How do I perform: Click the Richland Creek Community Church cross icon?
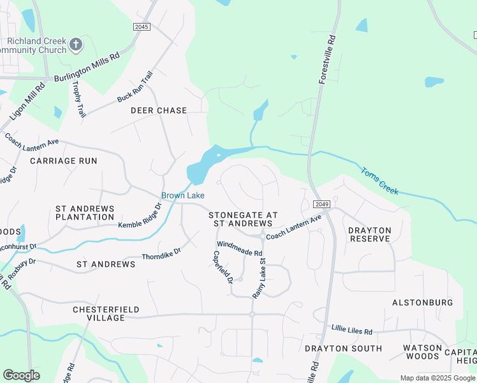[x=76, y=45]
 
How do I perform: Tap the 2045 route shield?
[x=142, y=26]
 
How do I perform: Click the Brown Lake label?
[x=182, y=195]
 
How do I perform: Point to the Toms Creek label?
[x=379, y=181]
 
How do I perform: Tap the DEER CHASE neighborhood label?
[x=159, y=110]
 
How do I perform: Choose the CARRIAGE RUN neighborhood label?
[x=64, y=161]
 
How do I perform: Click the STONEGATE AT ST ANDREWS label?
[x=242, y=219]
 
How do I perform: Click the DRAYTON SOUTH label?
[x=343, y=349]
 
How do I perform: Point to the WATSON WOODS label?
[x=422, y=352]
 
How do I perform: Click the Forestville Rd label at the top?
[x=327, y=58]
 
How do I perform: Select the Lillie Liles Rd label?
[x=351, y=330]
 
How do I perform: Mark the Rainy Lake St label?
[x=260, y=279]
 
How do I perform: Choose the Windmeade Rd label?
[x=240, y=248]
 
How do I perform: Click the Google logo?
[x=21, y=375]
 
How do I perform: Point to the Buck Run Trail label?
[x=135, y=87]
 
